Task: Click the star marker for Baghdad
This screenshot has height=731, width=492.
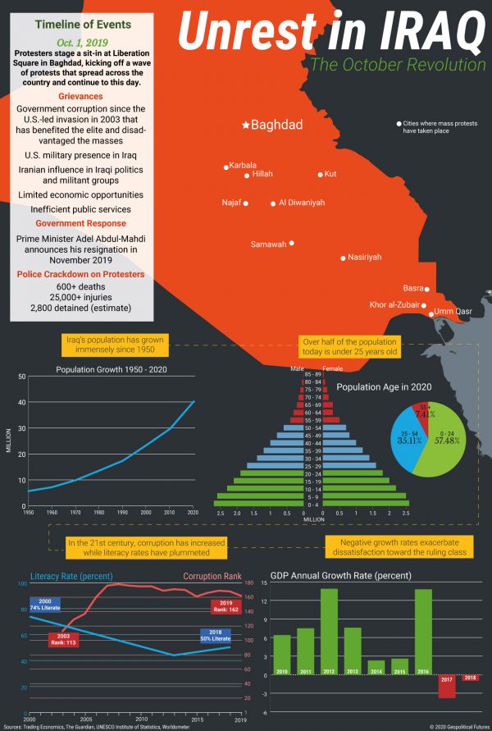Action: tap(245, 126)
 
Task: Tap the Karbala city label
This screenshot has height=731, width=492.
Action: tap(244, 164)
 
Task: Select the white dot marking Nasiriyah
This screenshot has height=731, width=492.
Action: tap(343, 258)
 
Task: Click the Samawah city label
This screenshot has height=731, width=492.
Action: tap(268, 244)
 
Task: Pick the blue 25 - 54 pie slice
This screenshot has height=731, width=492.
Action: tap(409, 438)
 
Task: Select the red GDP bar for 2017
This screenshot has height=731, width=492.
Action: tap(447, 687)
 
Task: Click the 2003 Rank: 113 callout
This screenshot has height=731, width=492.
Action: tap(63, 640)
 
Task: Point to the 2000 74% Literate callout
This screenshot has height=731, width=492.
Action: tap(45, 605)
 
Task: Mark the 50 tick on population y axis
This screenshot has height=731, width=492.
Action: tap(21, 377)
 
